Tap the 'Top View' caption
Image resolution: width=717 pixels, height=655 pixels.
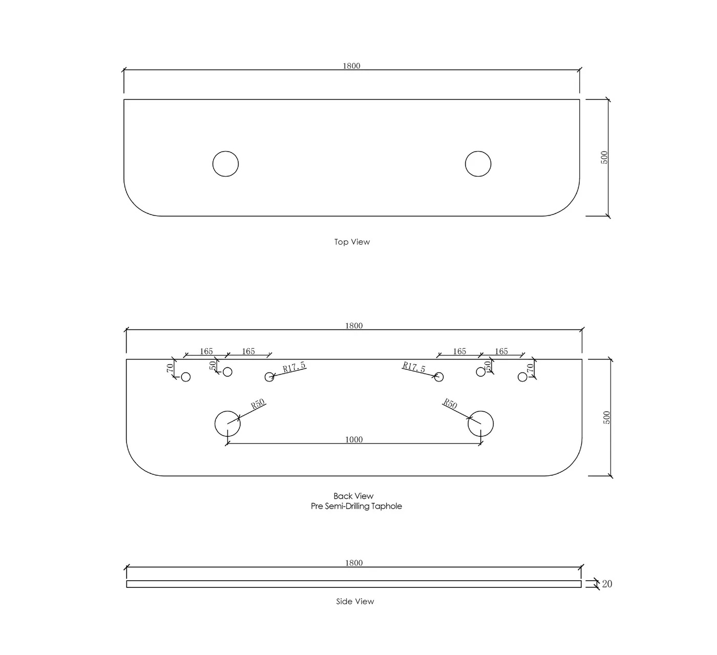(352, 242)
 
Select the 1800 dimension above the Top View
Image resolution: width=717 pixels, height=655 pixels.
(351, 66)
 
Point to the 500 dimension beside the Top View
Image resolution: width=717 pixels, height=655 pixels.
(604, 158)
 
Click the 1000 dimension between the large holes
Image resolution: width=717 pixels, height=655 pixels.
(354, 439)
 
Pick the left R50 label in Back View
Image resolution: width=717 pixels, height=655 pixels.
(258, 404)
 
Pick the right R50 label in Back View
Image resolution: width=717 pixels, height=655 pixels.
(450, 404)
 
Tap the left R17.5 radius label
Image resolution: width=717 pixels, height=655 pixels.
(294, 367)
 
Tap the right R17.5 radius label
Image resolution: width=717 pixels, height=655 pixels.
(414, 367)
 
